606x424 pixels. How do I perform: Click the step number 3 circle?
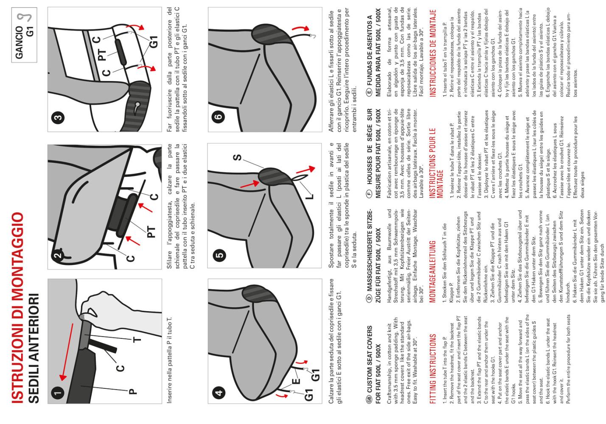[58, 117]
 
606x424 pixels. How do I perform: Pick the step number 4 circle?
[219, 393]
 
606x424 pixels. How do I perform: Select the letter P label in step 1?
[132, 392]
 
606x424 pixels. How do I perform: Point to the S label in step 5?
[237, 157]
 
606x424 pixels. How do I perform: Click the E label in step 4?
[297, 381]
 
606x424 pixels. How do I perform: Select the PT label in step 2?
[151, 232]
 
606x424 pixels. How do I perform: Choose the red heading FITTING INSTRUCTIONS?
[433, 368]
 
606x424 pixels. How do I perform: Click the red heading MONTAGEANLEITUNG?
[432, 271]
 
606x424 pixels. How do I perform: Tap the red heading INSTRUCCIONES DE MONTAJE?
[433, 53]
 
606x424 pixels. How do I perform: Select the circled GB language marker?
[369, 400]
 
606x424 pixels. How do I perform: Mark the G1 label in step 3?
[153, 42]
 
